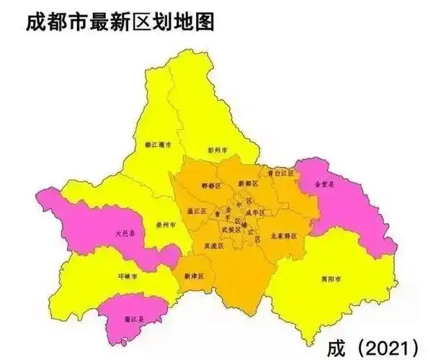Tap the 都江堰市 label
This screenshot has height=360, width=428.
click(x=157, y=144)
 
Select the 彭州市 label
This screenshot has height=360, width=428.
click(x=218, y=150)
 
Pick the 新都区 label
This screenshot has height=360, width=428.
click(x=247, y=184)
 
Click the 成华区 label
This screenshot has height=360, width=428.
click(x=256, y=212)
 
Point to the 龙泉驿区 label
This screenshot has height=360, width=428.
click(x=282, y=235)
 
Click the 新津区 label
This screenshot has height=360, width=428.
click(x=194, y=276)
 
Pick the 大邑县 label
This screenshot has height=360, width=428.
click(x=124, y=234)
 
